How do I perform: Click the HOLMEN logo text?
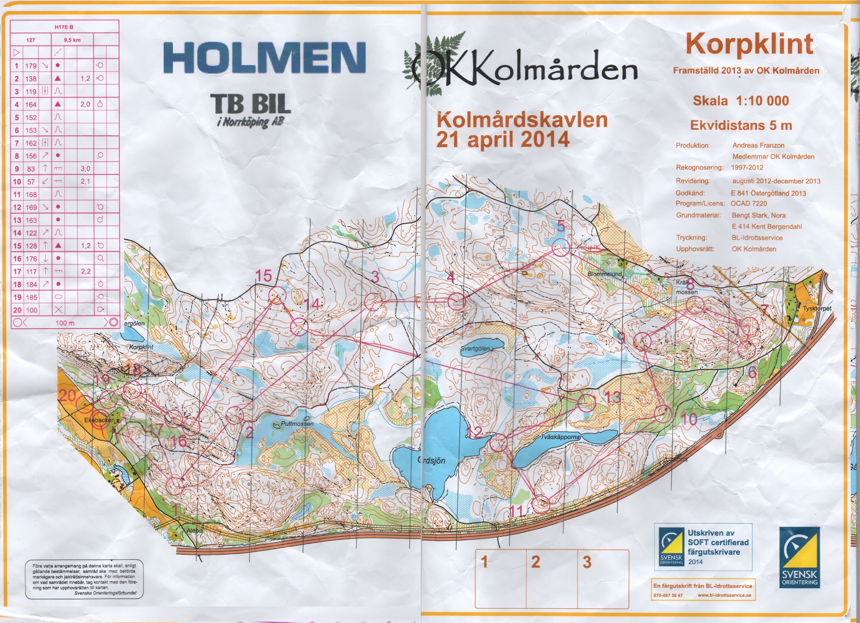coord(264,58)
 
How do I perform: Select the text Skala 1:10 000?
coord(741,101)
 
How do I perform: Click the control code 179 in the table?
coord(31,66)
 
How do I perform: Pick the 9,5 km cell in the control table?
coord(72,40)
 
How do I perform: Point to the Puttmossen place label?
coord(297,423)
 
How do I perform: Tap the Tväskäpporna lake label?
coord(560,437)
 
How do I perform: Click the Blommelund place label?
coord(604,274)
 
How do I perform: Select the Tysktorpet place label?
coord(817,308)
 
